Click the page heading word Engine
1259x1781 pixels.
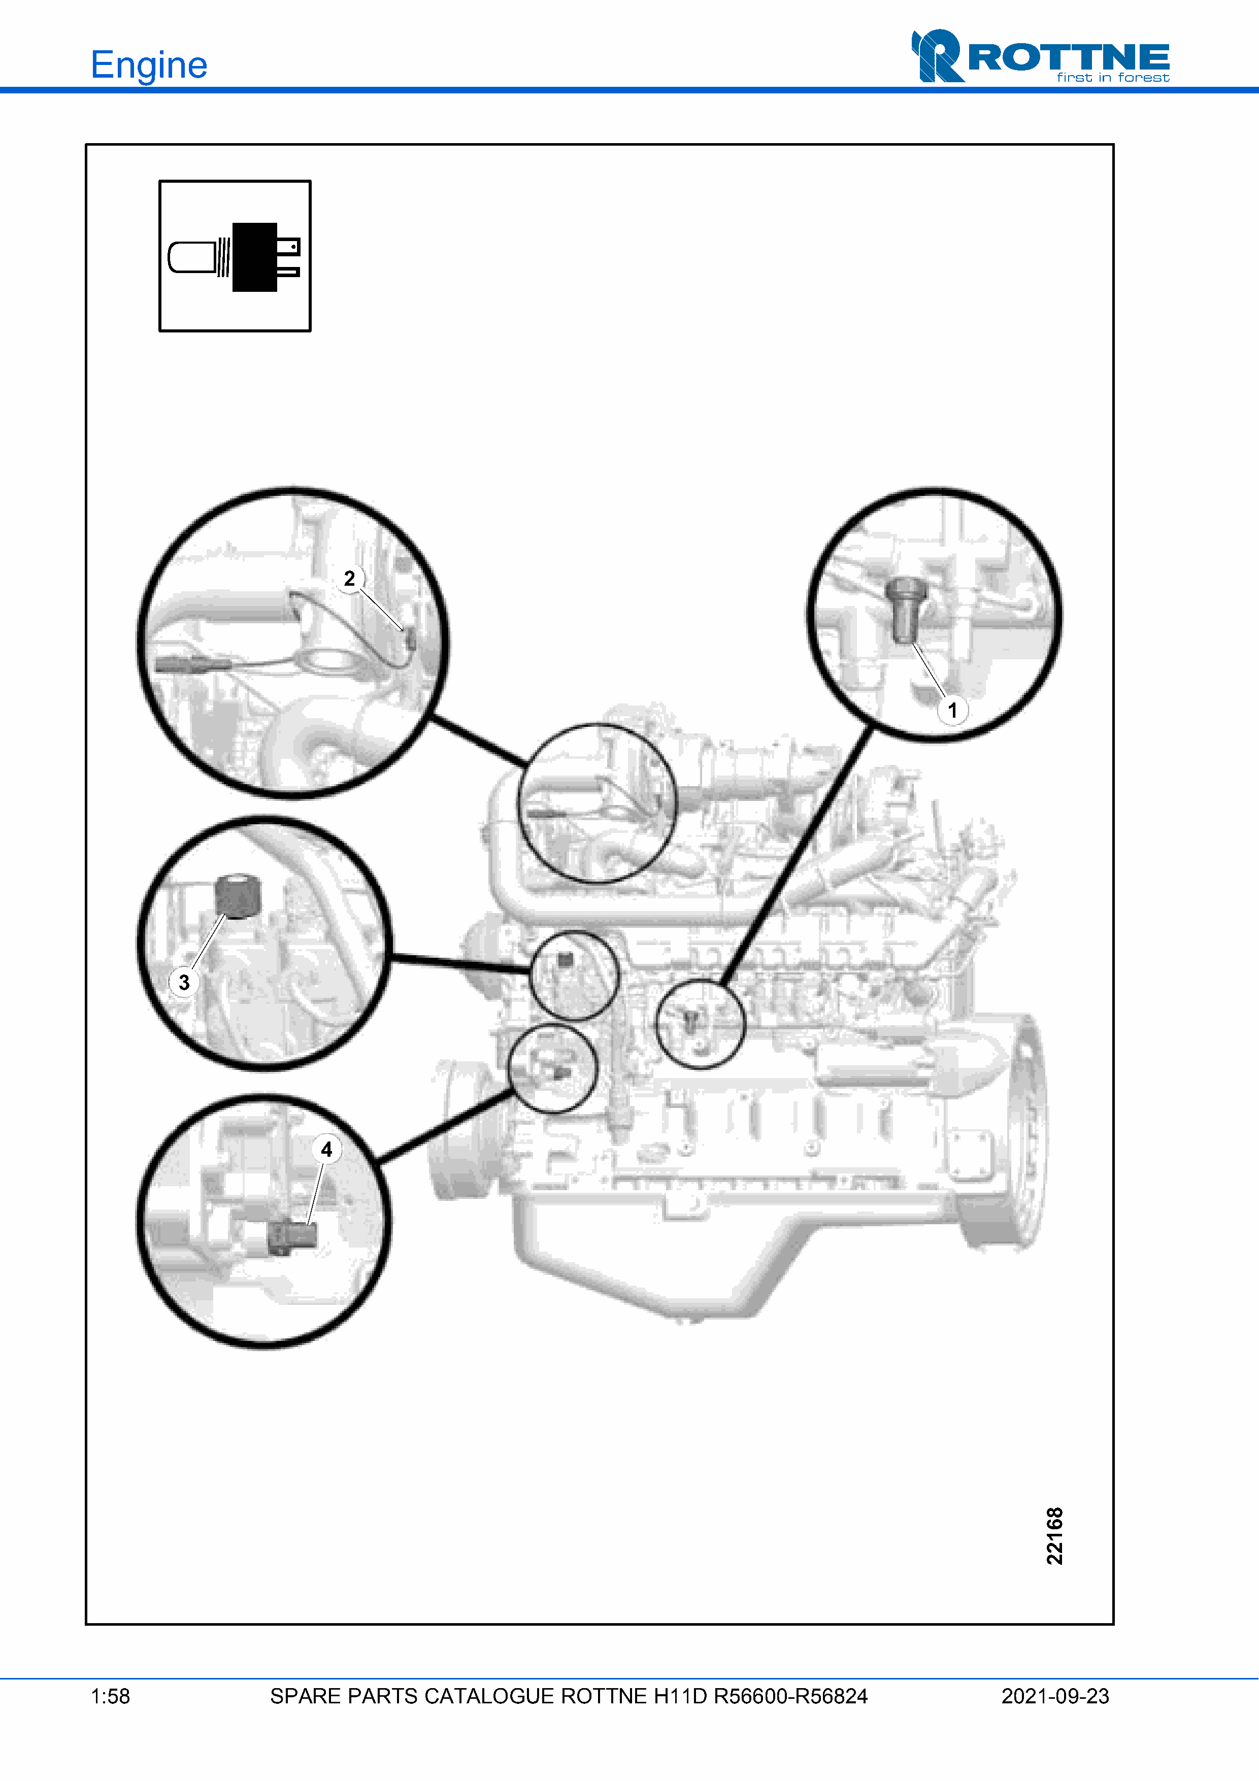pyautogui.click(x=149, y=65)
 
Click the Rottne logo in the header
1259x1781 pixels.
pyautogui.click(x=1040, y=56)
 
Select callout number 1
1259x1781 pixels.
pyautogui.click(x=952, y=710)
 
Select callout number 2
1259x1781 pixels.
pyautogui.click(x=350, y=579)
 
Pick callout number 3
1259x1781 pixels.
pyautogui.click(x=184, y=982)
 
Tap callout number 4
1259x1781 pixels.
pyautogui.click(x=326, y=1149)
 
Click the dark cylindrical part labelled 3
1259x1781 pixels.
pyautogui.click(x=238, y=896)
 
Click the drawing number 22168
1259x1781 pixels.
pyautogui.click(x=1054, y=1536)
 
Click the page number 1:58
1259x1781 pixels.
pyautogui.click(x=110, y=1696)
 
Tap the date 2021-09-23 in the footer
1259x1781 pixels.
pyautogui.click(x=1055, y=1696)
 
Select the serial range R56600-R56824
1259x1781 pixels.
pyautogui.click(x=790, y=1696)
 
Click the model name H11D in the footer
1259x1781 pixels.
pyautogui.click(x=680, y=1696)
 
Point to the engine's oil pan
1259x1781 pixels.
pyautogui.click(x=659, y=1249)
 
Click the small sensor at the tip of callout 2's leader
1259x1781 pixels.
pyautogui.click(x=410, y=640)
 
